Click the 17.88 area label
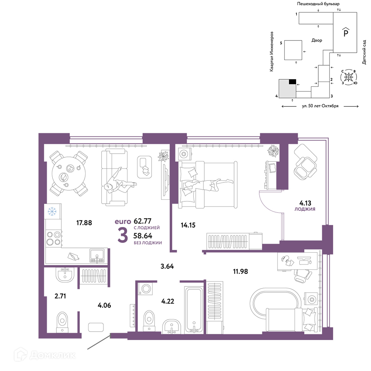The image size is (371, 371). click(x=84, y=223)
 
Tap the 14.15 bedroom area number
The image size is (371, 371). click(x=188, y=225)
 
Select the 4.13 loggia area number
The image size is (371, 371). click(x=305, y=203)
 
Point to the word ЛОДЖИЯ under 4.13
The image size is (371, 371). click(x=305, y=209)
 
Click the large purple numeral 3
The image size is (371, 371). click(x=123, y=235)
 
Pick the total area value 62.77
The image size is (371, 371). click(x=142, y=221)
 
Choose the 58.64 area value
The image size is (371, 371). click(x=143, y=236)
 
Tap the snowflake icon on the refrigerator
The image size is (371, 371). click(x=52, y=211)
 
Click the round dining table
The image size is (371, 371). click(x=69, y=174)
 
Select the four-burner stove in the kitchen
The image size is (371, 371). click(x=53, y=238)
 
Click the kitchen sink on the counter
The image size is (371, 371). click(x=97, y=256)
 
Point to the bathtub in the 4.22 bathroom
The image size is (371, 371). click(x=194, y=310)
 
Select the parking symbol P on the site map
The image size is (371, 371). click(x=346, y=32)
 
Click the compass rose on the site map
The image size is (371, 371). click(x=348, y=77)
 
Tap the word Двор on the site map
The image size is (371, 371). click(x=317, y=40)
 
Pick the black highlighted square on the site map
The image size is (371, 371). click(x=292, y=82)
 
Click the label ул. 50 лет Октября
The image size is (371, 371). click(x=320, y=106)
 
